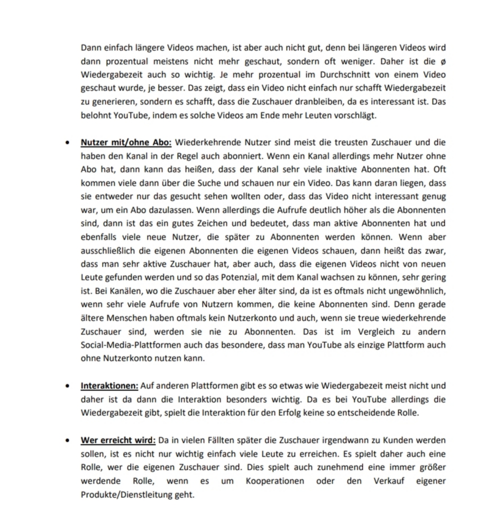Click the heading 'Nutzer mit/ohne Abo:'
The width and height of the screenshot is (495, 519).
[126, 142]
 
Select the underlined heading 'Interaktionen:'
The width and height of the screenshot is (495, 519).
[109, 386]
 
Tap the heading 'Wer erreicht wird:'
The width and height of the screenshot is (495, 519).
[118, 441]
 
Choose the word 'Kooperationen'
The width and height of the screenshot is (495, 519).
[275, 481]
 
